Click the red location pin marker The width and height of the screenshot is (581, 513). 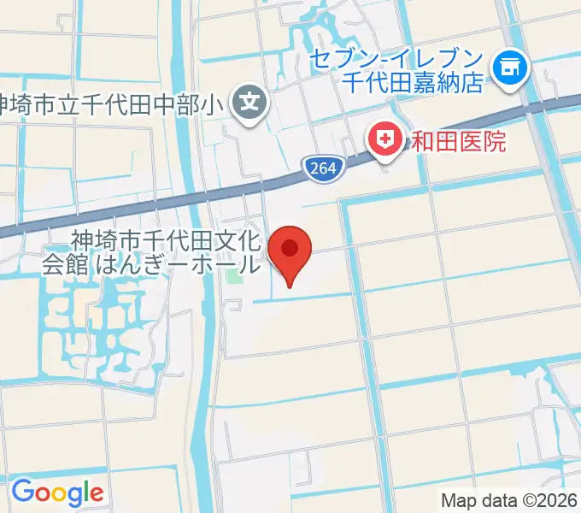point(290,253)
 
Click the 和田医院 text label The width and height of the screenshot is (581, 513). point(458,139)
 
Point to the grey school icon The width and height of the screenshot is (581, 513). point(250,105)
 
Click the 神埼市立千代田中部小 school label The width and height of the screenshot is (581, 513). point(116,106)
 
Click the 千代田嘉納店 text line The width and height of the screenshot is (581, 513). point(414,83)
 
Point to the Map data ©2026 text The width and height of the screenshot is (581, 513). point(509,501)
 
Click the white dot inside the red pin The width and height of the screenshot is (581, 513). point(290,248)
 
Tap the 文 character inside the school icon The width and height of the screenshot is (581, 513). point(250,105)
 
